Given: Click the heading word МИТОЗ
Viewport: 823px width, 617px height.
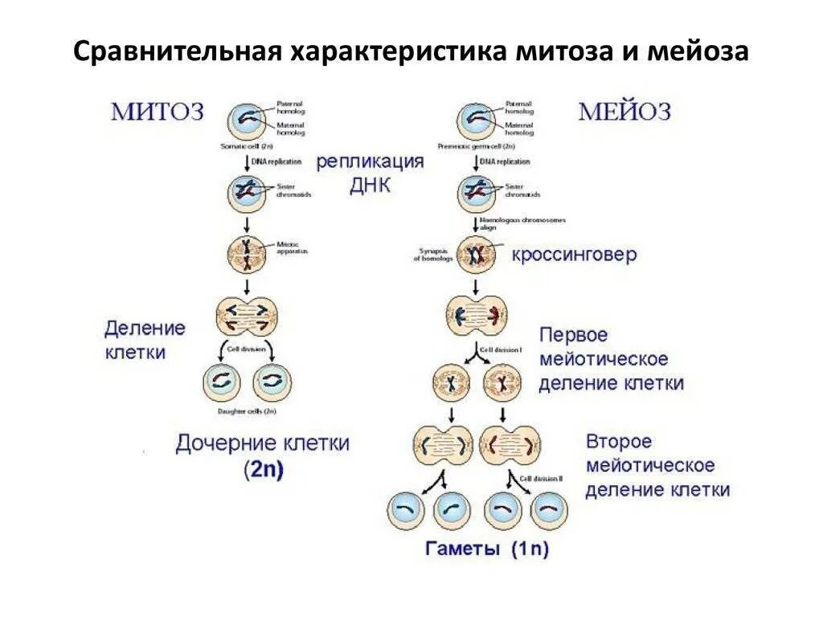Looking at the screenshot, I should [158, 111].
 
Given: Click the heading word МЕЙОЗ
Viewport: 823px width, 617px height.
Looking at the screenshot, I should [624, 111].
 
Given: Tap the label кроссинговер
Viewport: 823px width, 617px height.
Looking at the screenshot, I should [574, 255].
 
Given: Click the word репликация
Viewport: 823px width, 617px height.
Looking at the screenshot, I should [369, 162].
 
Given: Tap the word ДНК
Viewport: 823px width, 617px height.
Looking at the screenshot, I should [369, 186].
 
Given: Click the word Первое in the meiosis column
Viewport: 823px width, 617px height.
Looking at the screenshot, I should [573, 334].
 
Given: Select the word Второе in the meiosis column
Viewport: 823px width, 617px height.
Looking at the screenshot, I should [618, 442].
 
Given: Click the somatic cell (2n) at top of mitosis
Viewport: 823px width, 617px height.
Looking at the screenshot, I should [247, 121].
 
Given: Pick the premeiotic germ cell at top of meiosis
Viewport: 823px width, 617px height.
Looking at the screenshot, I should [475, 121].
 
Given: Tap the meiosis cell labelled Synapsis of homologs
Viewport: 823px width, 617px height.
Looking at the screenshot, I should [475, 255].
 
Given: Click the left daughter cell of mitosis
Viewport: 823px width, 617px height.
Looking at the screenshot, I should [221, 383].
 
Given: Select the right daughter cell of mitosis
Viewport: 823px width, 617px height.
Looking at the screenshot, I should [272, 383].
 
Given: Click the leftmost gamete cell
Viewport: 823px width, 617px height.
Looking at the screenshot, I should [407, 510].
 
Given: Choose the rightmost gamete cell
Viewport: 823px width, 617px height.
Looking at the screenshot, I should [549, 510].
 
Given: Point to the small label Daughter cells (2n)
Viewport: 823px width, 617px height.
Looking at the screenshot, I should [247, 412].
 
